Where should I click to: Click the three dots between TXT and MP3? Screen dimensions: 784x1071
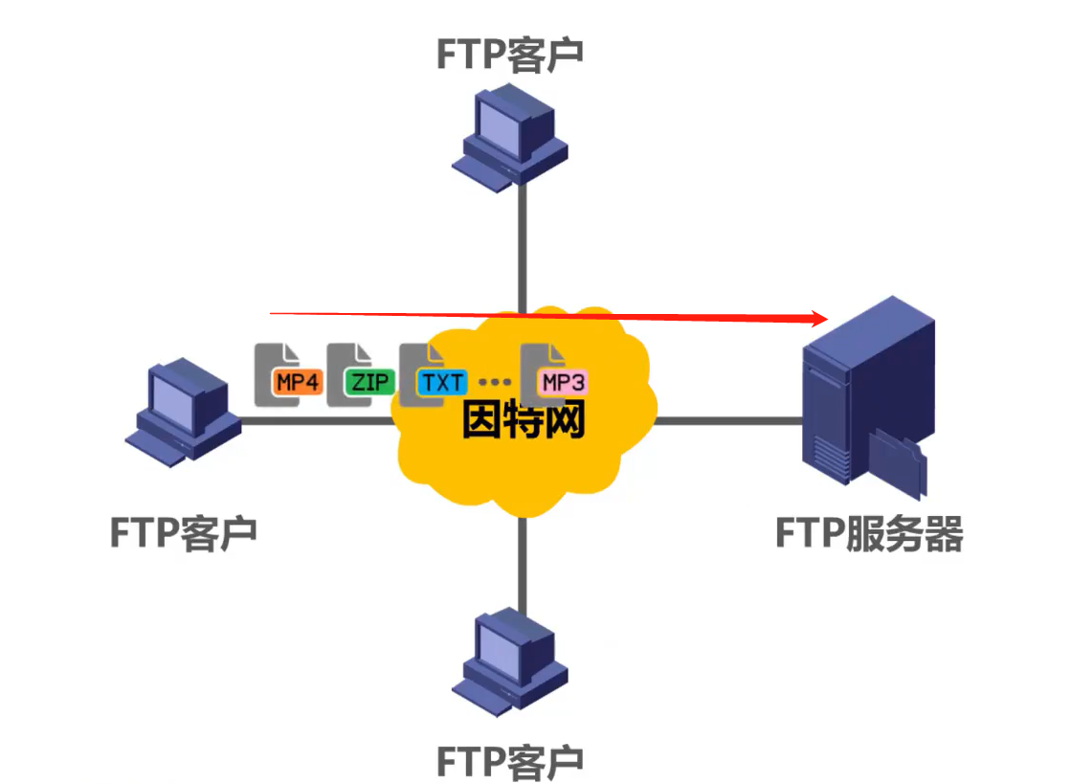(x=494, y=383)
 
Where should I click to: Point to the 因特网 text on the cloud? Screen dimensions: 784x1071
(x=523, y=421)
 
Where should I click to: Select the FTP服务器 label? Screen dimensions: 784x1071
(x=868, y=534)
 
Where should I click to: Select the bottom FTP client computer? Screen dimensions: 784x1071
(x=512, y=661)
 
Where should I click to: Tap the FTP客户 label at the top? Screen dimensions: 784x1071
(x=510, y=55)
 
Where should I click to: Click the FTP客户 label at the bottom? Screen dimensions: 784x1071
(x=510, y=761)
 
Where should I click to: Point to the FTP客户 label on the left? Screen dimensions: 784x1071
(x=183, y=532)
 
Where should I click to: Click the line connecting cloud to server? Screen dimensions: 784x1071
(x=727, y=420)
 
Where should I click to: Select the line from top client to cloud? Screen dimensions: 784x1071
(x=523, y=249)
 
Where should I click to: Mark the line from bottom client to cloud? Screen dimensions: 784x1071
(x=523, y=560)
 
